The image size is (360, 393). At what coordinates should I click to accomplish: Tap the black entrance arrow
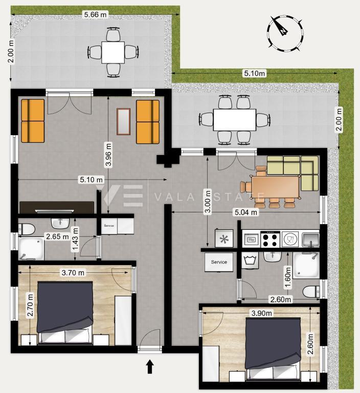150,366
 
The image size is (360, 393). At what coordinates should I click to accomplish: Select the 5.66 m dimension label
95,15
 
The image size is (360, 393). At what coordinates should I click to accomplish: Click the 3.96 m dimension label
108,155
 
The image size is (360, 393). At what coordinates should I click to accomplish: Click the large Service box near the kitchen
219,262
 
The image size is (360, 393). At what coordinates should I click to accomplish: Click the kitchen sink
310,239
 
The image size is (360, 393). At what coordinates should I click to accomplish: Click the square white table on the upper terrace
113,52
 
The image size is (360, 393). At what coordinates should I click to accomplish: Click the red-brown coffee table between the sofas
123,121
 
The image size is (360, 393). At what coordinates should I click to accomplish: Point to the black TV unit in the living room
56,207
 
